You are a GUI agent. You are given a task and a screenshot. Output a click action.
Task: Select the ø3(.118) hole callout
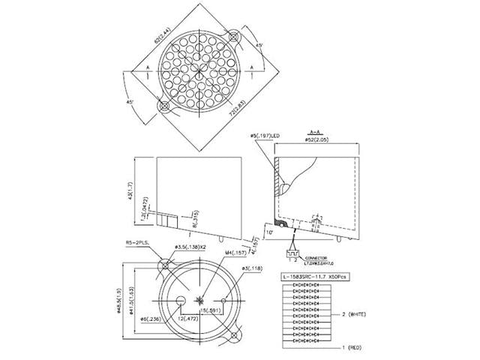coord(252,268)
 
